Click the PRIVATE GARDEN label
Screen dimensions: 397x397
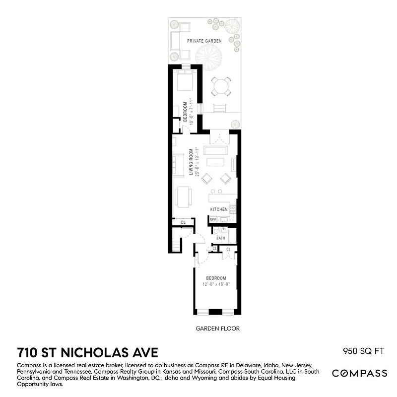[204, 41]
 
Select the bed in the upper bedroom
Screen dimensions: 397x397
[184, 80]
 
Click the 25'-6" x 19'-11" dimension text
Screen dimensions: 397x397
[198, 162]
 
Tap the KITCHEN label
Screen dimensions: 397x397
[219, 209]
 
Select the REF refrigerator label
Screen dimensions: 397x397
[213, 219]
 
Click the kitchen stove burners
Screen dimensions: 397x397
[232, 209]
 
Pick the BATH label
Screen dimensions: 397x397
[221, 238]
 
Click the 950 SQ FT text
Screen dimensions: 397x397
[364, 352]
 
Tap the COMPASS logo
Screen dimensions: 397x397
[359, 373]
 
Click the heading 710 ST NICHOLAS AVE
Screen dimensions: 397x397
[87, 353]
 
